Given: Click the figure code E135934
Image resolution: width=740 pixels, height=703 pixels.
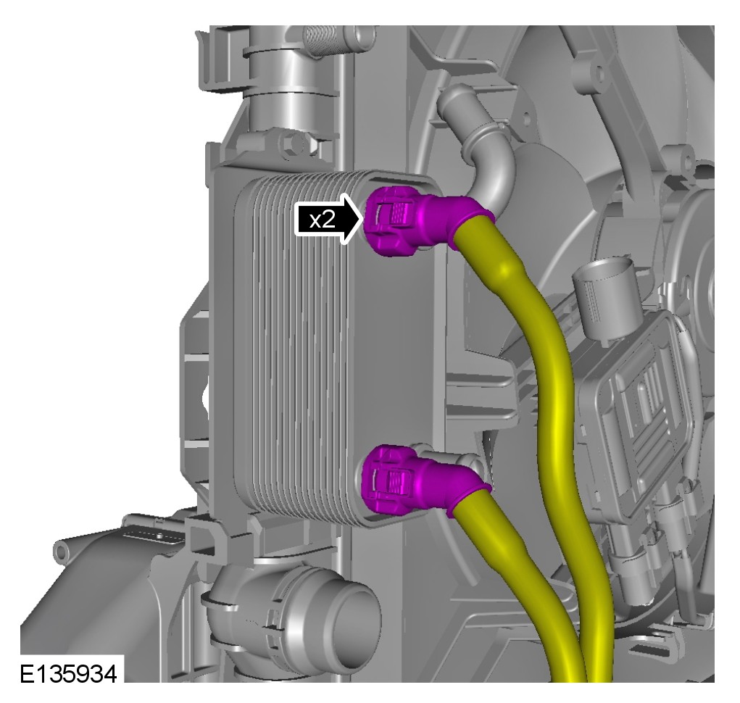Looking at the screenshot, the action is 68,674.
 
